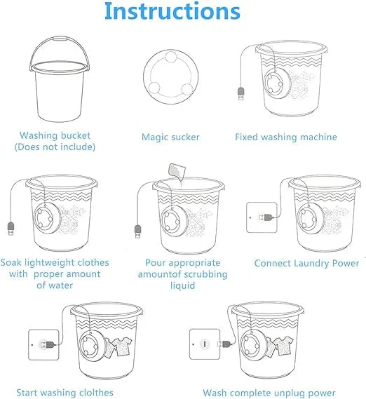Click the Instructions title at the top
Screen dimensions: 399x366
point(172,12)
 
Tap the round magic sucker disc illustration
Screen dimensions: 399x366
point(171,81)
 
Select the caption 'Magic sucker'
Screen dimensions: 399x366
point(170,137)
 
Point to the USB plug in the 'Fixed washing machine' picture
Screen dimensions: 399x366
point(241,94)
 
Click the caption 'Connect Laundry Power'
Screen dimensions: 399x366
point(306,264)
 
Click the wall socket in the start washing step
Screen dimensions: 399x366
point(43,344)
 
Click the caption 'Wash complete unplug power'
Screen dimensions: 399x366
point(269,393)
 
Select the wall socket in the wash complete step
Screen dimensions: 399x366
point(203,344)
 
